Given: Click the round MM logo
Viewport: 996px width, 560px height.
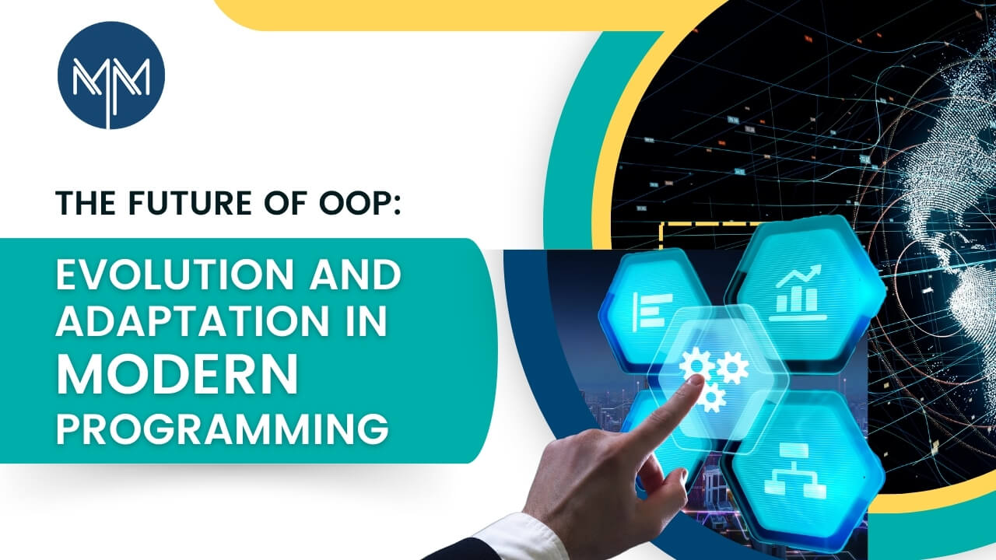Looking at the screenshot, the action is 111,75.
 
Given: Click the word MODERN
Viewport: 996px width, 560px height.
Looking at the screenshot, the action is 177,373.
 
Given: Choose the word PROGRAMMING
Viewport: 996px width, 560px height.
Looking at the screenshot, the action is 223,428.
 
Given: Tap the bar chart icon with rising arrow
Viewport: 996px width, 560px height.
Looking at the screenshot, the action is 798,292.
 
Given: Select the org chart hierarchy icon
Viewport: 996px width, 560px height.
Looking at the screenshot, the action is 795,471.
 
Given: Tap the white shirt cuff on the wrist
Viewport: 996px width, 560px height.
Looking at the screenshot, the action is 518,537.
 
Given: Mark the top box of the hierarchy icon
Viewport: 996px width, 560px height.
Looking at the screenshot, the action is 796,450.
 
